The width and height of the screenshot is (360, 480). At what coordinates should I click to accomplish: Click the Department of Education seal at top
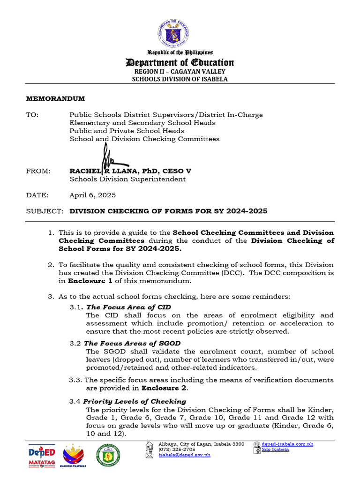coord(180,32)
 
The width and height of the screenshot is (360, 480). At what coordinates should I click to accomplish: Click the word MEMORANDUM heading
coord(55,98)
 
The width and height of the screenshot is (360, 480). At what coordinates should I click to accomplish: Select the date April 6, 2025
coord(92,195)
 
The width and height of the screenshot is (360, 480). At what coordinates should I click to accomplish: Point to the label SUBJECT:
coord(44,211)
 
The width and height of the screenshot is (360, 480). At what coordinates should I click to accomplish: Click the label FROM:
coord(38,171)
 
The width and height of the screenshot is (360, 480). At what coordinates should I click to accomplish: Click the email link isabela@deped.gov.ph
coord(184,455)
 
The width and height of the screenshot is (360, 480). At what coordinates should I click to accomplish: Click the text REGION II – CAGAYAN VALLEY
coord(180,72)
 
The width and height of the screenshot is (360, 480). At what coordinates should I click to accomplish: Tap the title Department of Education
coord(180,63)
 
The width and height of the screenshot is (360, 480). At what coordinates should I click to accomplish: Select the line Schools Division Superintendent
coord(127,179)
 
